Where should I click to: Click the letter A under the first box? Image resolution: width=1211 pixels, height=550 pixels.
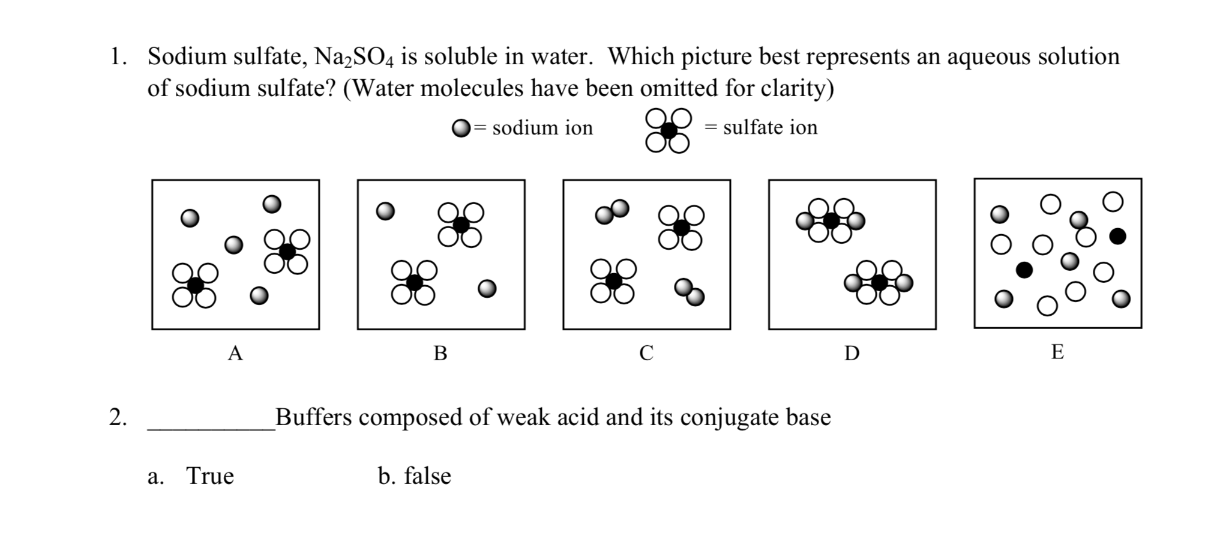click(x=235, y=353)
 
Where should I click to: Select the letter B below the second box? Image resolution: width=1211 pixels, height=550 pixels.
click(x=440, y=353)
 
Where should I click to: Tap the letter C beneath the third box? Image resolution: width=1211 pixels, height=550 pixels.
click(x=646, y=353)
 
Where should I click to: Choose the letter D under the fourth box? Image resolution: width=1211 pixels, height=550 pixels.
click(x=852, y=353)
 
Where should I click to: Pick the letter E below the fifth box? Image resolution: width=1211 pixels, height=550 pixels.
click(x=1057, y=351)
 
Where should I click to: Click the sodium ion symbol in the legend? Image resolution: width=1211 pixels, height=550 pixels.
click(x=461, y=128)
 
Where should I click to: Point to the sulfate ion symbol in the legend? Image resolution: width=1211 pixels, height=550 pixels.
click(x=668, y=130)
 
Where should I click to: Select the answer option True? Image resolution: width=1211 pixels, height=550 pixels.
click(x=209, y=476)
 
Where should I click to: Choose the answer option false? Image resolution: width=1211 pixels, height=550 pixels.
click(x=427, y=476)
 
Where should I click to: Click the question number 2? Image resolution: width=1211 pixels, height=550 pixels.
click(x=117, y=417)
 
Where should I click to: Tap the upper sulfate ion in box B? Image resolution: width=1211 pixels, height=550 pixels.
click(x=460, y=225)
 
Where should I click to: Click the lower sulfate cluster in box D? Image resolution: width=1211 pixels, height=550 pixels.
click(x=879, y=282)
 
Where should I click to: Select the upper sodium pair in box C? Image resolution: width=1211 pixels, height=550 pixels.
click(x=612, y=211)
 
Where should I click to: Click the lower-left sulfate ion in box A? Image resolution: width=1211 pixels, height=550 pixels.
click(x=195, y=285)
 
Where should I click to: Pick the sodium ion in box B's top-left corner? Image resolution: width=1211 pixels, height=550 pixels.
click(x=385, y=211)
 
